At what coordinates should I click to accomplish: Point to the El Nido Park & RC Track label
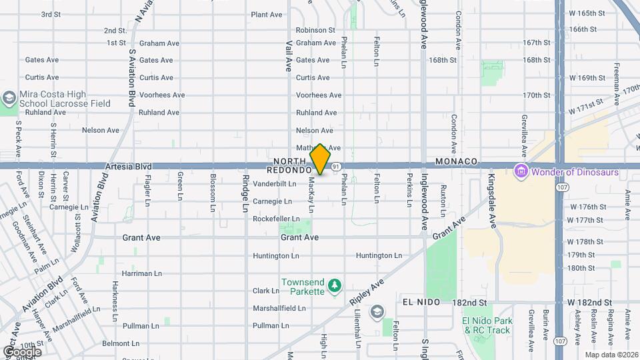click(487, 325)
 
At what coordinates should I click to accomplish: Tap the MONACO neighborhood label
click(457, 162)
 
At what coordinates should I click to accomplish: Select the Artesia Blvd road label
click(128, 166)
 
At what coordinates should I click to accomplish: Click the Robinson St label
click(315, 30)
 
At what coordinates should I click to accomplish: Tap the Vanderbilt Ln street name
click(274, 183)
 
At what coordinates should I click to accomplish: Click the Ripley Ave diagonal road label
click(367, 293)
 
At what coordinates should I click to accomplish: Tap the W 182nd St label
click(590, 302)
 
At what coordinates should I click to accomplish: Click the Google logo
click(21, 351)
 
